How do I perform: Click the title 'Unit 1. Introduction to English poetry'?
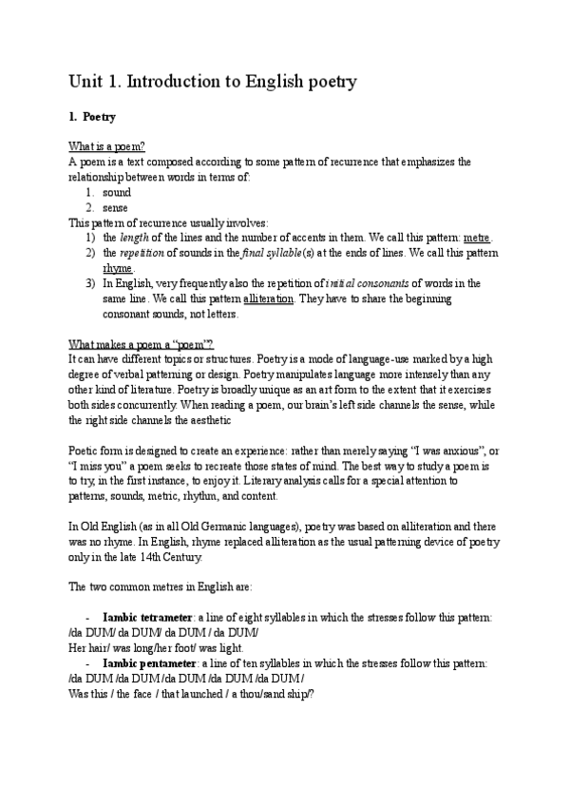[213, 82]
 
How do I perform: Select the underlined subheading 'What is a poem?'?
[106, 146]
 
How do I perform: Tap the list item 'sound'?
[117, 192]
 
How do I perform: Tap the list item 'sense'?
[116, 207]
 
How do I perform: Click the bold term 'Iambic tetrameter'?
[147, 618]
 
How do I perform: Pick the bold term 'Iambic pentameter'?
[149, 663]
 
